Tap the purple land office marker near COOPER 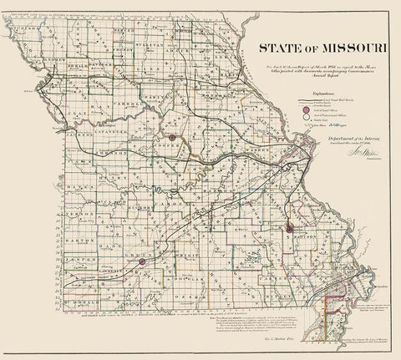coord(170,137)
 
